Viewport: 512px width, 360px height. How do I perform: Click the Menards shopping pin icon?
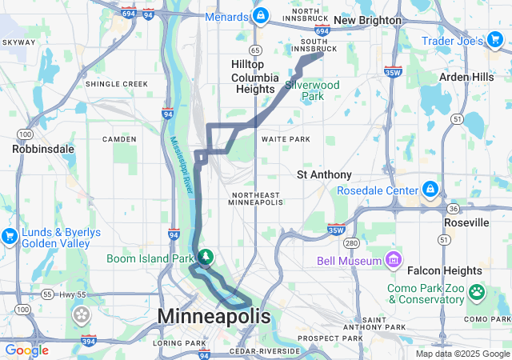[x=261, y=15]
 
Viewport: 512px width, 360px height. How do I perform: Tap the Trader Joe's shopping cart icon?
[x=496, y=39]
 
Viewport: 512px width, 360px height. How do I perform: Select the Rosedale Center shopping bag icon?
[x=430, y=190]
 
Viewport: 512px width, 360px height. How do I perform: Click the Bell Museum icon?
[x=393, y=260]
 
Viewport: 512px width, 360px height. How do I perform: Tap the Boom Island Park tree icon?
[x=206, y=257]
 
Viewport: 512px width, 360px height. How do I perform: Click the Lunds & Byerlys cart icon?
[x=10, y=236]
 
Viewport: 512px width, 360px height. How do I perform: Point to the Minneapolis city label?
[x=214, y=317]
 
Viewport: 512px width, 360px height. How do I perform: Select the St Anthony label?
[x=324, y=174]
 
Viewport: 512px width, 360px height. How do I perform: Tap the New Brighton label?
[x=367, y=19]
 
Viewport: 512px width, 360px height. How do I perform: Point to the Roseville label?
[x=466, y=222]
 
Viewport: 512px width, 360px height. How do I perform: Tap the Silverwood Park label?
[x=313, y=90]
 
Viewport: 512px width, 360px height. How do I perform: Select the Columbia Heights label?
[x=254, y=83]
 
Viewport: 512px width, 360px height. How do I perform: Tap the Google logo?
[x=26, y=350]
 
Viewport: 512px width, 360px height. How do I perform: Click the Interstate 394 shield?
[x=89, y=342]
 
